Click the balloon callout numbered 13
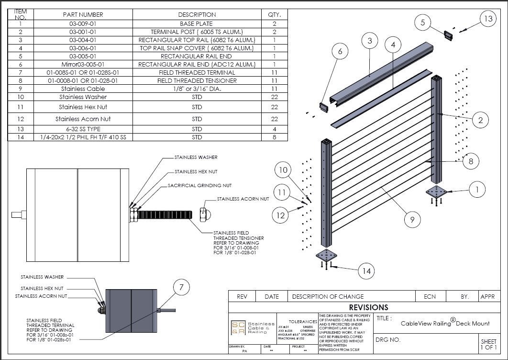coord(487,19)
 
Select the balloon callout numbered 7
coord(181,288)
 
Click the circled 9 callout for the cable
coord(412,220)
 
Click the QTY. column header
coord(274,14)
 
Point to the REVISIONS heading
coord(368,307)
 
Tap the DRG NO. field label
coord(388,340)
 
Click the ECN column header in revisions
coord(430,296)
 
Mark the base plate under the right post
coord(436,192)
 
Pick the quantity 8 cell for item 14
coord(274,137)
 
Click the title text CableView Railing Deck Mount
coord(445,323)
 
